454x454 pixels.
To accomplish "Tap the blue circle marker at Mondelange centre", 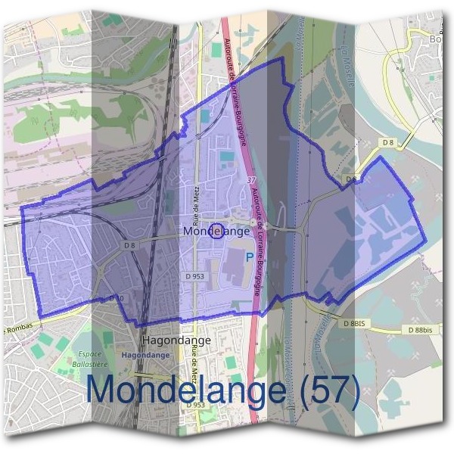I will tap(216, 230).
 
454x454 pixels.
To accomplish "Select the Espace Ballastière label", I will tap(94, 359).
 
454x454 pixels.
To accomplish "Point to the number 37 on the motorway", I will tap(251, 180).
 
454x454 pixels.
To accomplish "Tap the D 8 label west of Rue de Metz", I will tap(129, 245).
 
